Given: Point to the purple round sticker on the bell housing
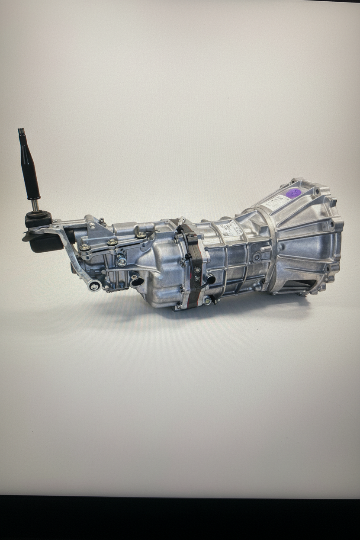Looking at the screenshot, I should click(293, 193).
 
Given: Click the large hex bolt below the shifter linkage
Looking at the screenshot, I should click(122, 260).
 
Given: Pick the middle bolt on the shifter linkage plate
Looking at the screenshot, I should click(112, 242).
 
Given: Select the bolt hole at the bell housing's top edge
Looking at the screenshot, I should click(295, 182).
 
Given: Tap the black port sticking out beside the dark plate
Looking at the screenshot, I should click(210, 278).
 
